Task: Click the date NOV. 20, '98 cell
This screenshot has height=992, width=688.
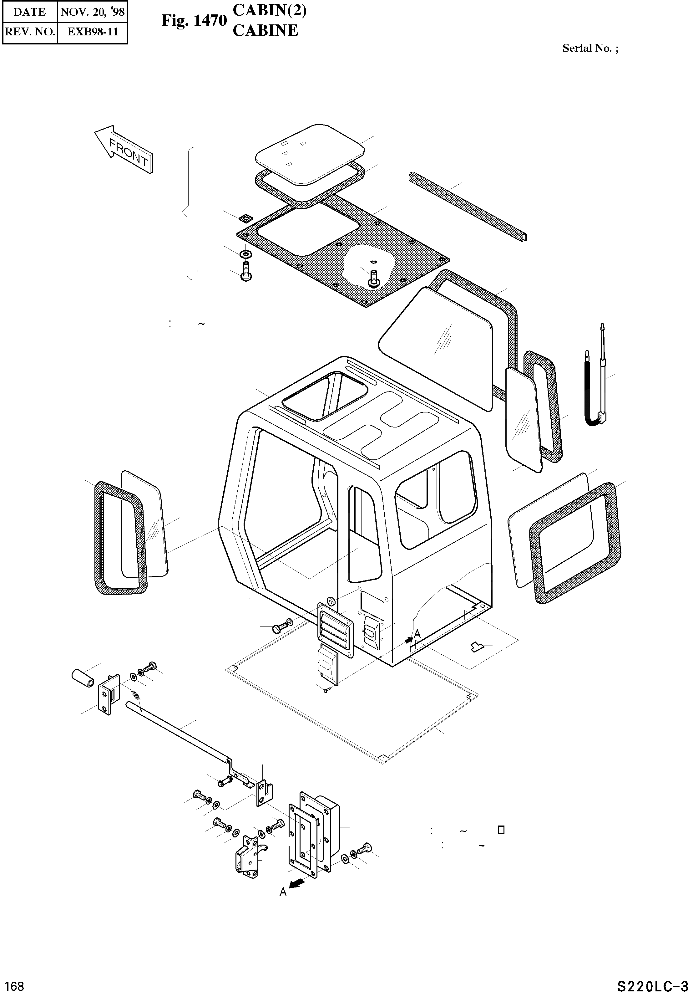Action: click(92, 12)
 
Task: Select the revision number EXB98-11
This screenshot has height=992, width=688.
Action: click(92, 32)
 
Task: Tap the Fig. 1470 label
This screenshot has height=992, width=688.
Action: click(194, 20)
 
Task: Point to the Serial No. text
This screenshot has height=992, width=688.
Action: click(590, 48)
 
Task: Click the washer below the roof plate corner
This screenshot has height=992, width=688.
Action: click(246, 253)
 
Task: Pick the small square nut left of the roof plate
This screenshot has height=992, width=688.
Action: click(245, 218)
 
